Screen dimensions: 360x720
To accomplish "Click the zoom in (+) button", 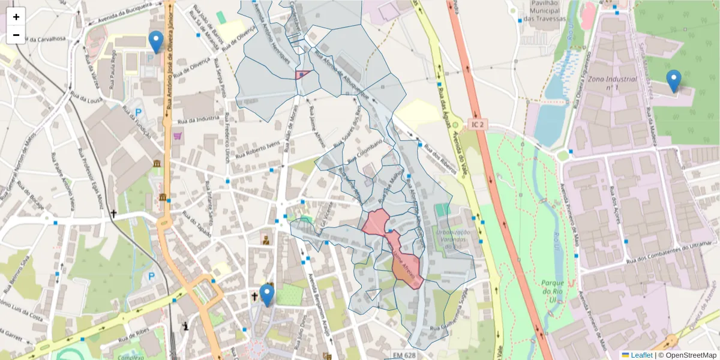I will point(16,17).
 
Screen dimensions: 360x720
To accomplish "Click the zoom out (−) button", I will point(16,35).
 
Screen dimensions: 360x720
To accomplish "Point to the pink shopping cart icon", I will point(178,136).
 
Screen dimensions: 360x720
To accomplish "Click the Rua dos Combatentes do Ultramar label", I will point(664,254).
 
